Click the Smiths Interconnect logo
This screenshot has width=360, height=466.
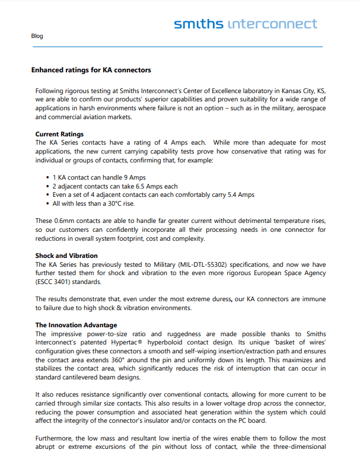tap(245, 24)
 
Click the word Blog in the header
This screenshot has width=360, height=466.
tap(37, 36)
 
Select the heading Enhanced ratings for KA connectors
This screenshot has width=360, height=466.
tap(91, 70)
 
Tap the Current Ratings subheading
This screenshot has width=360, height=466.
tap(59, 134)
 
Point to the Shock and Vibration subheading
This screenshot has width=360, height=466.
tap(66, 256)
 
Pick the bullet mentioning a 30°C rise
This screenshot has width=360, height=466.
tap(94, 203)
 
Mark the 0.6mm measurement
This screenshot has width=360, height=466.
tap(63, 221)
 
